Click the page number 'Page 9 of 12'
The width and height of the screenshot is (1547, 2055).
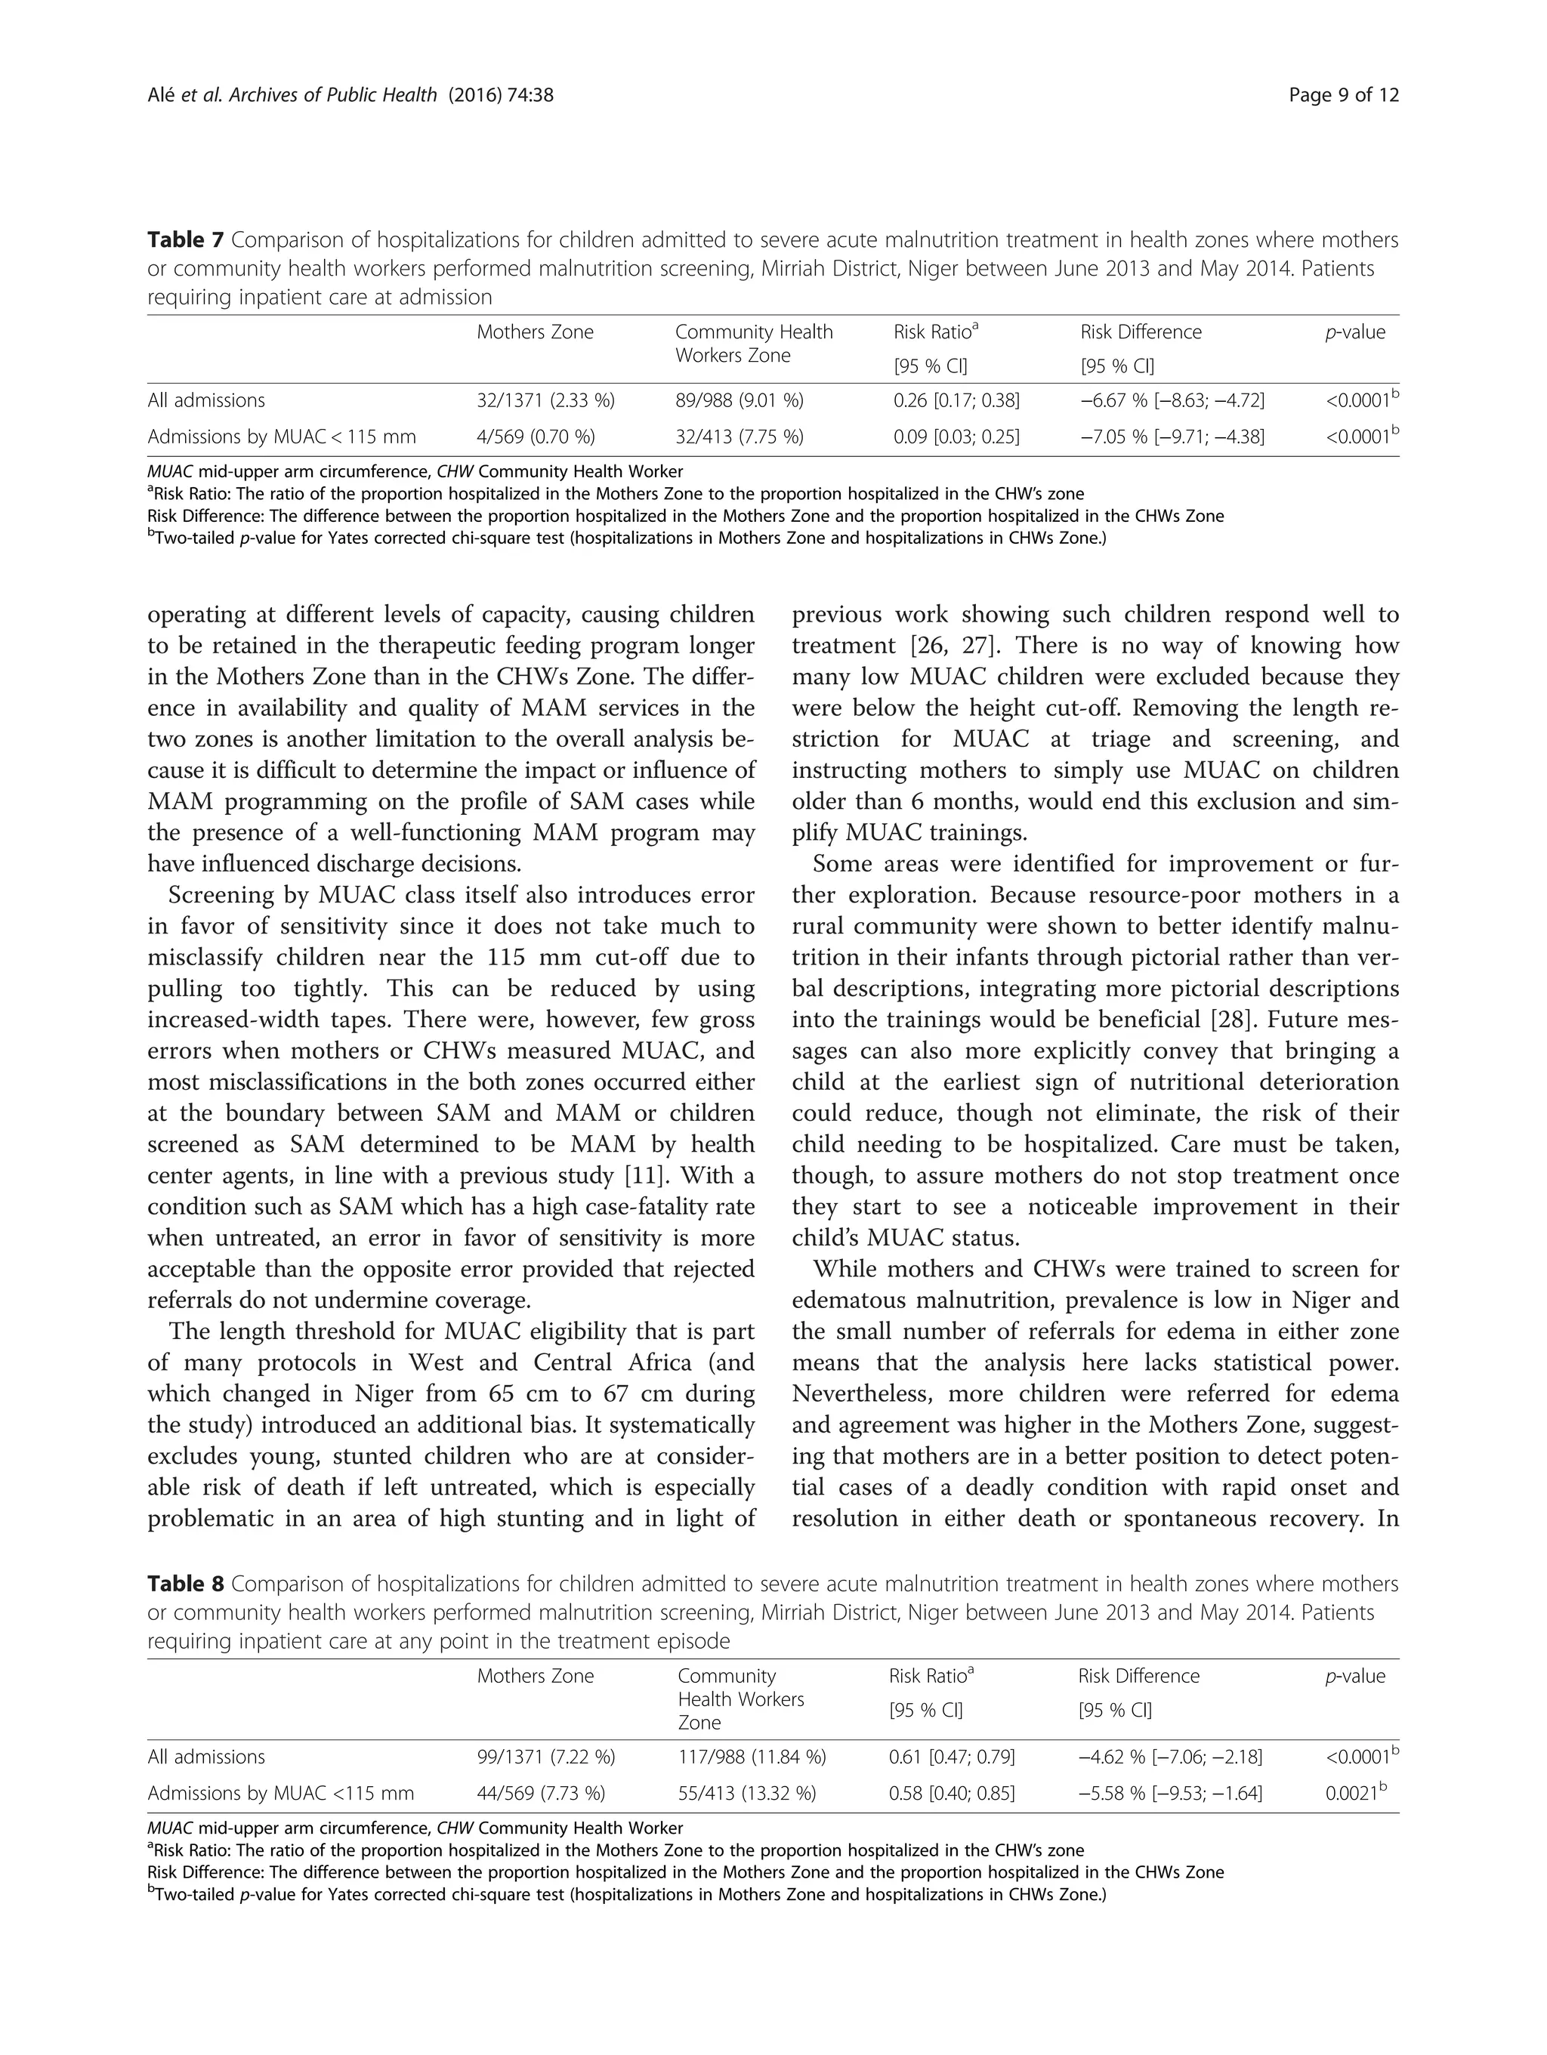[1345, 94]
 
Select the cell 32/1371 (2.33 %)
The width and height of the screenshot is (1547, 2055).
[545, 400]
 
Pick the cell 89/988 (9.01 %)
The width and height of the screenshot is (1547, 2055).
[740, 400]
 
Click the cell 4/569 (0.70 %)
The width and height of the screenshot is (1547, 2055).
[536, 437]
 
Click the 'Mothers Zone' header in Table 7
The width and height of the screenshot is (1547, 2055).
[535, 332]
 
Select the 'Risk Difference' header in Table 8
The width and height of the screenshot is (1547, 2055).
[1138, 1676]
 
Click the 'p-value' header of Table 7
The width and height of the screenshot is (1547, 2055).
[1354, 332]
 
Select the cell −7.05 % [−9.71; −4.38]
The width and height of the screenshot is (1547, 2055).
[1172, 437]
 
